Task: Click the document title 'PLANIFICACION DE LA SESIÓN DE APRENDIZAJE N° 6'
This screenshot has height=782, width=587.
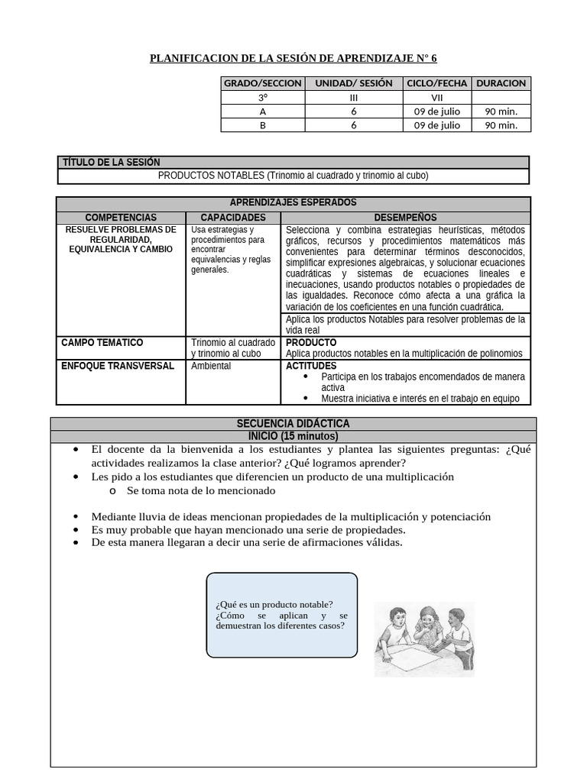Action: coord(293,58)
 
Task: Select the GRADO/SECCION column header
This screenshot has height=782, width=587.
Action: coord(262,83)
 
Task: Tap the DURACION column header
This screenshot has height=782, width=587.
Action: coord(501,83)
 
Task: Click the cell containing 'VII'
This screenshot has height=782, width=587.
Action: coord(437,98)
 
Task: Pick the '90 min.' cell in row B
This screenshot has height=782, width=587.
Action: coord(501,125)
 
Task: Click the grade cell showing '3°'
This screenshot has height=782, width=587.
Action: coord(262,98)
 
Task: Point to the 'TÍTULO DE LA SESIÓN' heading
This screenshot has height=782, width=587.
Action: coord(111,163)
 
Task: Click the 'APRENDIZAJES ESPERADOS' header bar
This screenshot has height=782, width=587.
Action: coord(293,203)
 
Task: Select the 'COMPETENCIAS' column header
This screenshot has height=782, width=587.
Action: coord(121,218)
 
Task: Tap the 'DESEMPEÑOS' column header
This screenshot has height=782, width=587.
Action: coord(405,218)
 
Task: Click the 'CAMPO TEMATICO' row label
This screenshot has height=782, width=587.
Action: coord(102,343)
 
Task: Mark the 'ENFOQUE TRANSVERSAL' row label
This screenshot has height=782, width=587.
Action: coord(117,366)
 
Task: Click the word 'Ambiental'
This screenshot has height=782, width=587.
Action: coord(211,366)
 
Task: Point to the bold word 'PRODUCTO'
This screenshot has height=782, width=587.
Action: coord(310,343)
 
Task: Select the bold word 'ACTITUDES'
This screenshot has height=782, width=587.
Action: coord(311,366)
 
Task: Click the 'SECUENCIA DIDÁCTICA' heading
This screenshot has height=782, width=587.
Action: coord(293,424)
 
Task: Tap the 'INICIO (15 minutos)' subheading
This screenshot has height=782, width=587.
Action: coord(293,436)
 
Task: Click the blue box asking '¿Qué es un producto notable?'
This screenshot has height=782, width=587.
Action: coord(281,615)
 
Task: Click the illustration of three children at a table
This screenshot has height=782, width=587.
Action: coord(423,638)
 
